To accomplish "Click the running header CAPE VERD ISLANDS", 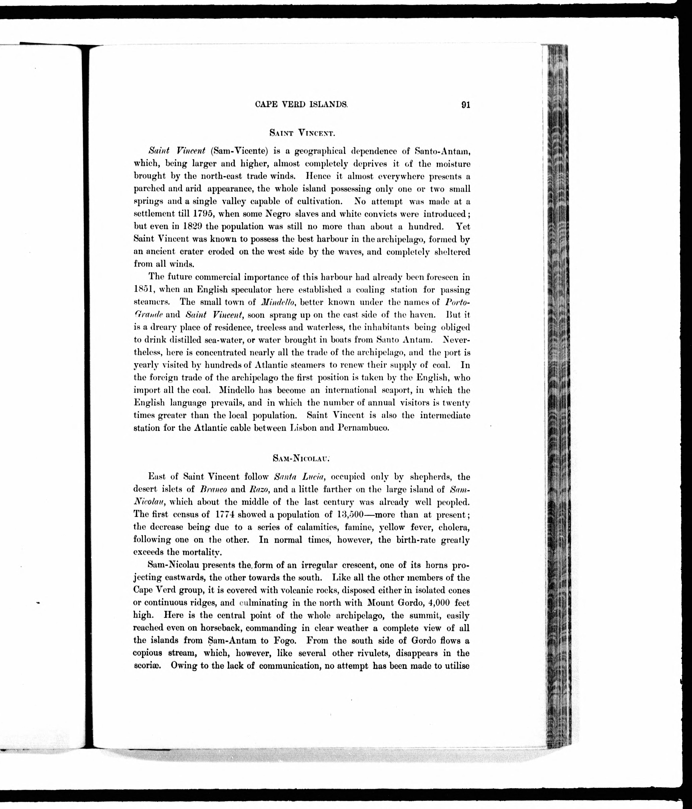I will click(x=301, y=105).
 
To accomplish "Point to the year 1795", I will click(x=199, y=214).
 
